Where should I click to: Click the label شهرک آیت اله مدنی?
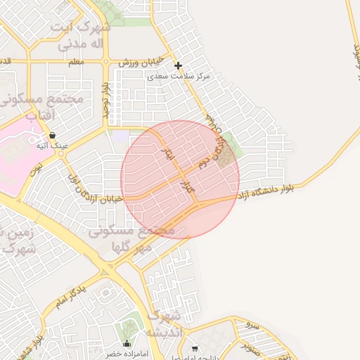coord(81,36)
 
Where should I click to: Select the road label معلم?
coord(77,62)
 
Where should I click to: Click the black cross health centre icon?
coord(178,65)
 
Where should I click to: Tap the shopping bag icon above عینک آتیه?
coord(52,135)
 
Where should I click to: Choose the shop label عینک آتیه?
coord(52,146)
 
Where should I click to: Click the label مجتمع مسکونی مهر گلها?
coord(134,238)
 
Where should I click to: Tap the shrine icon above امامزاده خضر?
coord(127,344)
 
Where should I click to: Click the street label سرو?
coord(252,326)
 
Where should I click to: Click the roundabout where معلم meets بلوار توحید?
coord(106,62)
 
